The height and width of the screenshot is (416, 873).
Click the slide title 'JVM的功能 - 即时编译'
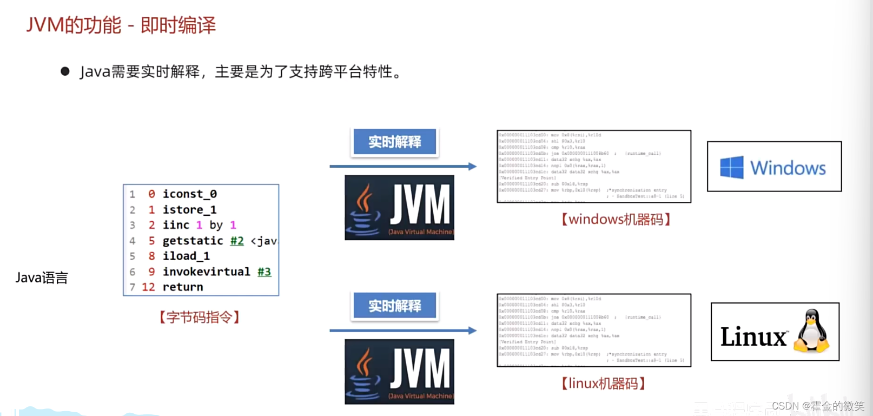pyautogui.click(x=121, y=25)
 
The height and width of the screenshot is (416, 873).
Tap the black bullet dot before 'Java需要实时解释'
pyautogui.click(x=65, y=71)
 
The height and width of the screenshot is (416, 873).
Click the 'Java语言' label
pyautogui.click(x=42, y=278)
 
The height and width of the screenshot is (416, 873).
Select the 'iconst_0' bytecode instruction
pyautogui.click(x=189, y=194)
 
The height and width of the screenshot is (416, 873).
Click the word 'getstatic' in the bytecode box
pyautogui.click(x=193, y=241)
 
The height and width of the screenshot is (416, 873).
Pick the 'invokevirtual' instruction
pyautogui.click(x=206, y=272)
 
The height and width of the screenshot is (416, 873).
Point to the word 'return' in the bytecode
pyautogui.click(x=183, y=287)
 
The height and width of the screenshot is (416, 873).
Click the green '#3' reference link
pyautogui.click(x=264, y=272)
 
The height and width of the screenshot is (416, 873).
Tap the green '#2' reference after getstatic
pyautogui.click(x=237, y=241)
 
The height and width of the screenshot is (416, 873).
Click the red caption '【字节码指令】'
pyautogui.click(x=200, y=317)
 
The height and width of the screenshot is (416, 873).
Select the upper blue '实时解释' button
pyautogui.click(x=394, y=142)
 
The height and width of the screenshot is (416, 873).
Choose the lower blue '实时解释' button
pyautogui.click(x=394, y=306)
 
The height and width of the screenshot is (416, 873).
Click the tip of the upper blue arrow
pyautogui.click(x=474, y=167)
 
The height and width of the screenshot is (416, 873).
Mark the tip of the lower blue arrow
pyautogui.click(x=474, y=331)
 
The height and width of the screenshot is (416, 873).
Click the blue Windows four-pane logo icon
pyautogui.click(x=731, y=168)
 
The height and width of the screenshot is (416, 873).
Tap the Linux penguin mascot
pyautogui.click(x=811, y=331)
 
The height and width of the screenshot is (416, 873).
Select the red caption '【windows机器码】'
pyautogui.click(x=616, y=219)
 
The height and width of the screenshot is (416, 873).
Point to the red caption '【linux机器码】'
pyautogui.click(x=603, y=384)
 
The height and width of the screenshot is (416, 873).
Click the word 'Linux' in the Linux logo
pyautogui.click(x=753, y=337)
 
